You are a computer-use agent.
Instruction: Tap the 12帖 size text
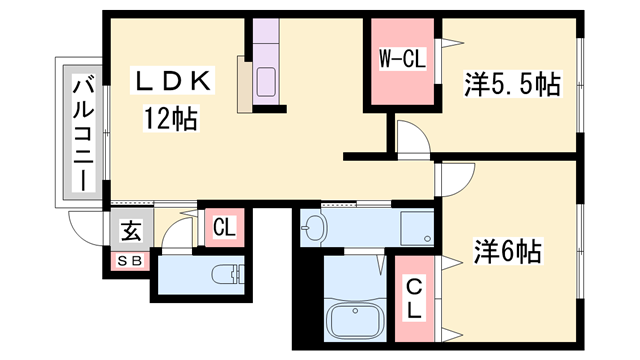169,121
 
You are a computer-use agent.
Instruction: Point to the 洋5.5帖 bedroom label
510,85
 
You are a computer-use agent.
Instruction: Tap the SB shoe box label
131,262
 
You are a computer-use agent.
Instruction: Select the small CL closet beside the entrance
224,227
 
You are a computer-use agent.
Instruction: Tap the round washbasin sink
314,228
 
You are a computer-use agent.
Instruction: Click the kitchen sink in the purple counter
269,82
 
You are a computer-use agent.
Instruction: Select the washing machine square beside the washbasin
415,227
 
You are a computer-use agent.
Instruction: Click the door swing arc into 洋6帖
456,179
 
